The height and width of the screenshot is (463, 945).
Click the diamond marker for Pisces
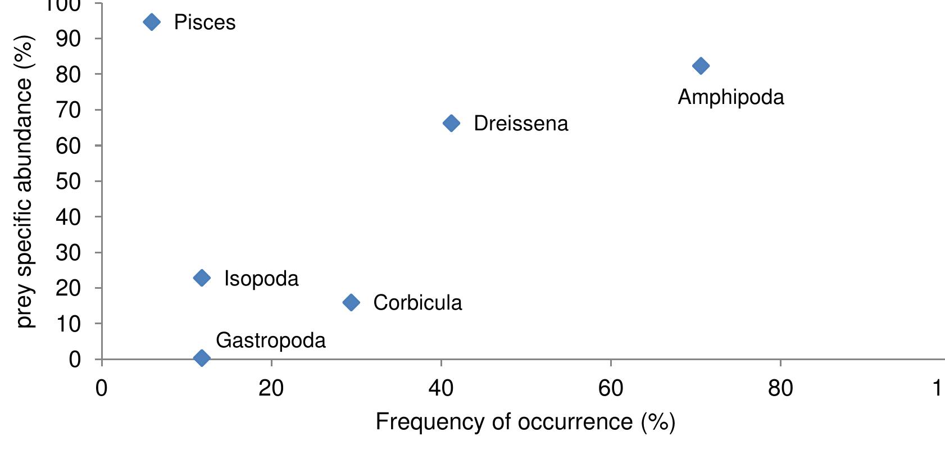(x=152, y=22)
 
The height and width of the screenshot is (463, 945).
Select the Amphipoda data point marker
(x=701, y=66)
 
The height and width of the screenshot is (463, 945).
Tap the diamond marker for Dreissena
(x=451, y=123)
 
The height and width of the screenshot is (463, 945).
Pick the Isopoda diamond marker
(x=202, y=278)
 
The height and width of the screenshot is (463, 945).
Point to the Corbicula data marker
(x=351, y=302)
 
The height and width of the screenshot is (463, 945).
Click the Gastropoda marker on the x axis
(x=202, y=358)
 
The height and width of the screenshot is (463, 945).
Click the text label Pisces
(x=205, y=22)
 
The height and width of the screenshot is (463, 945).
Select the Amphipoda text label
(x=730, y=97)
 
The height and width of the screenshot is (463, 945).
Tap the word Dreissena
(x=521, y=124)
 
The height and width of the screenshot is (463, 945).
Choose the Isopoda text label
(x=261, y=279)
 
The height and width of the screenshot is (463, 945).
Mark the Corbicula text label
(x=417, y=303)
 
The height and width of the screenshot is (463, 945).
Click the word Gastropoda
(x=270, y=341)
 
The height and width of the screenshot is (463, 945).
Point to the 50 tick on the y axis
(x=68, y=181)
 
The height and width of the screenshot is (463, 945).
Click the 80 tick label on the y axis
(x=68, y=74)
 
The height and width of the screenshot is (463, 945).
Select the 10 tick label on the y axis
(x=68, y=324)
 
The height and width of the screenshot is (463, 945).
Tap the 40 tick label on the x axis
(x=441, y=388)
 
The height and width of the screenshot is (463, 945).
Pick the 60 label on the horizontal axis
(x=611, y=388)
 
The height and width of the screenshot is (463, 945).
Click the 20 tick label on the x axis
(x=271, y=388)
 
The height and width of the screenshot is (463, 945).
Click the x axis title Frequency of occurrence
(x=525, y=422)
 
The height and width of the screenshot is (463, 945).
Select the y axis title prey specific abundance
(x=25, y=181)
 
